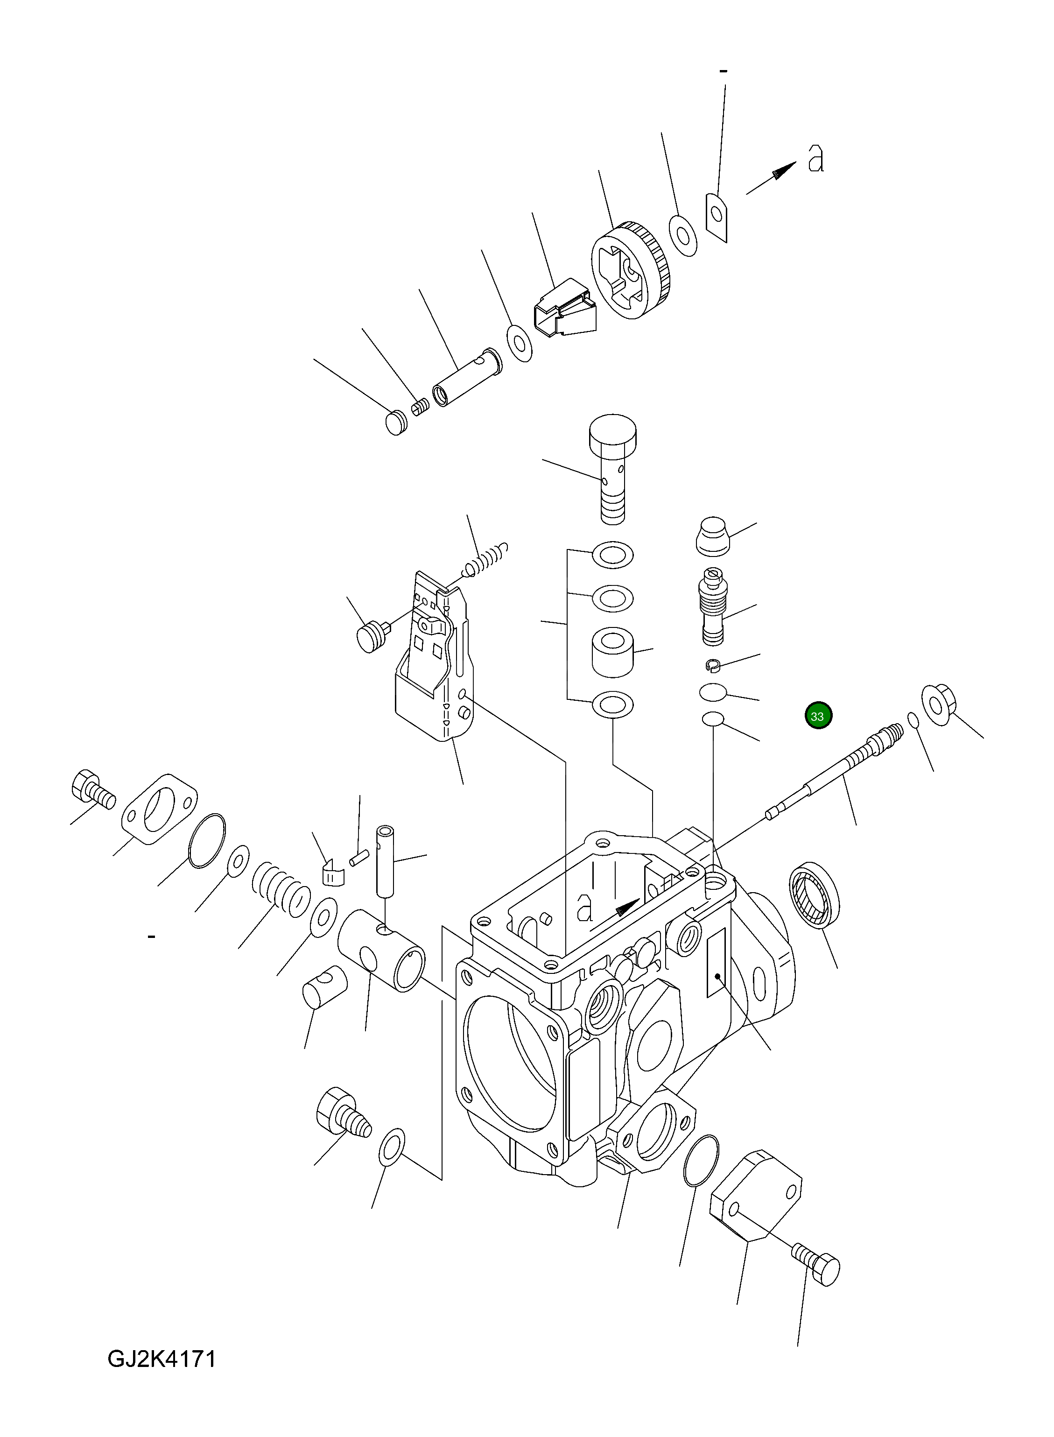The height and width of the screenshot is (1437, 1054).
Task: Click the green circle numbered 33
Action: click(817, 716)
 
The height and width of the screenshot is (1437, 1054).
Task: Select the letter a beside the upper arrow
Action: click(815, 158)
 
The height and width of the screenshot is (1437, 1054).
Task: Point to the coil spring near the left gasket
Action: click(280, 890)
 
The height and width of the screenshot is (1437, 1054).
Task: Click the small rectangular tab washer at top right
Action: click(717, 218)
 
